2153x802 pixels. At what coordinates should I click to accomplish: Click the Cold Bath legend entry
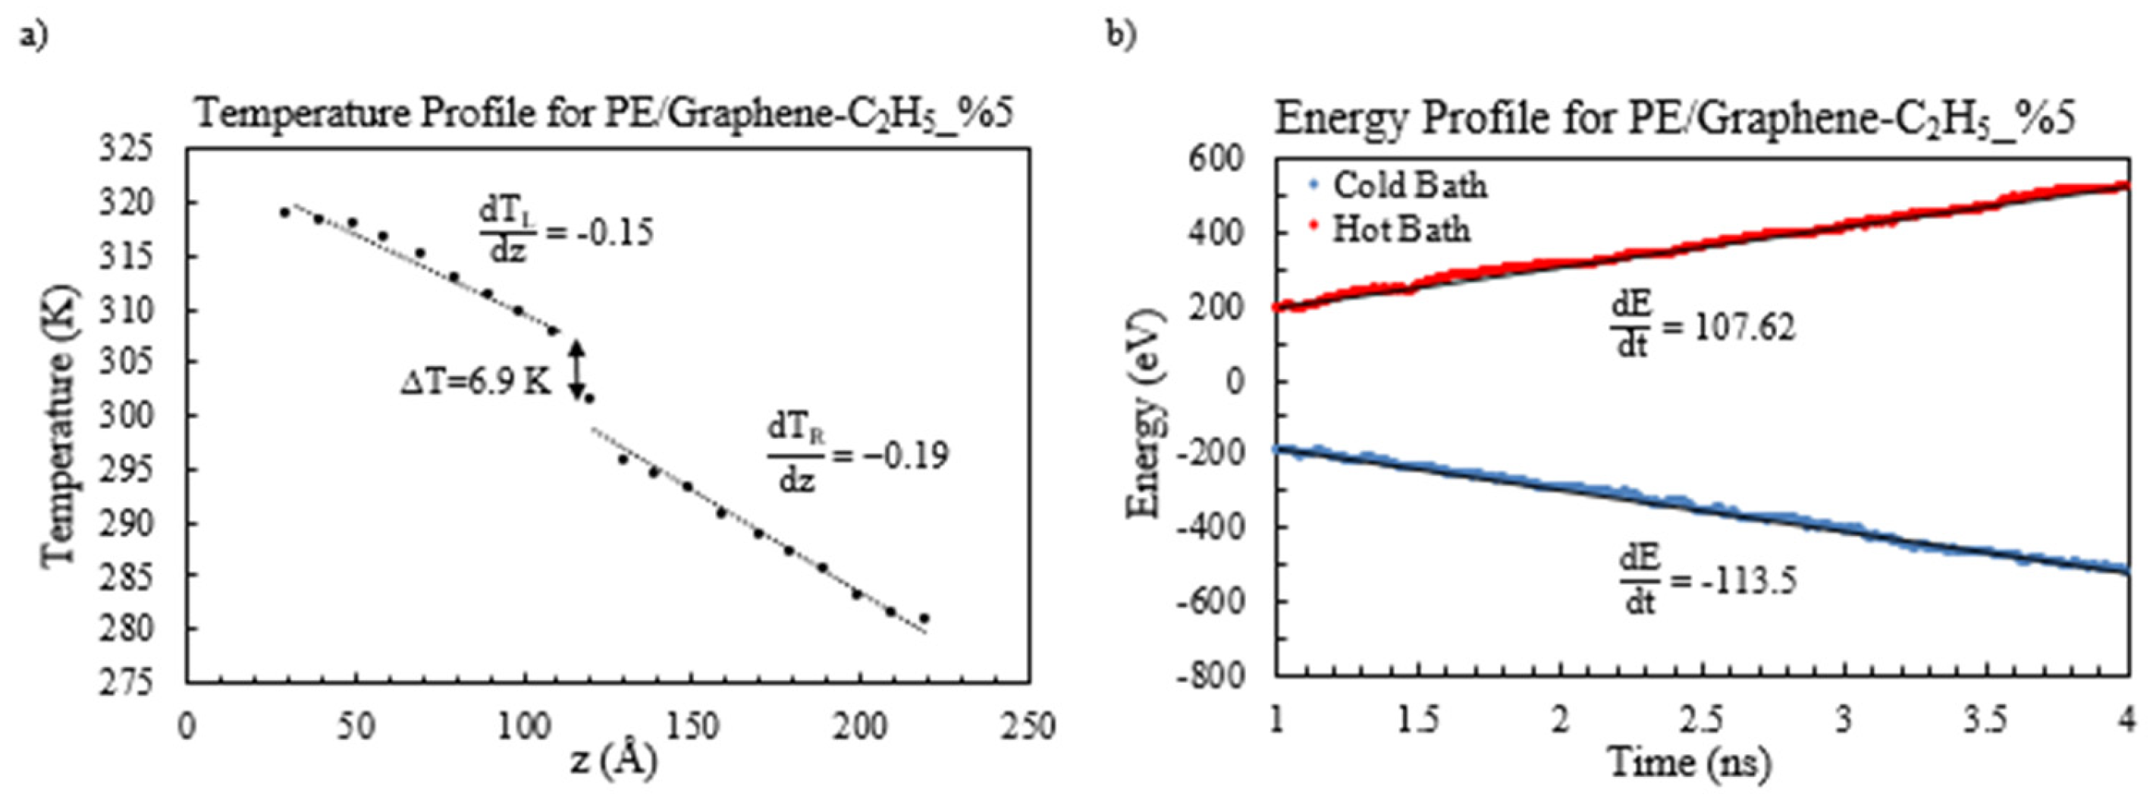click(x=1409, y=186)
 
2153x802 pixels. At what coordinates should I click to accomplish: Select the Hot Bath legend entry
click(x=1401, y=229)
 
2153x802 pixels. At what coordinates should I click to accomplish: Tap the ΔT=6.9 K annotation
click(x=475, y=383)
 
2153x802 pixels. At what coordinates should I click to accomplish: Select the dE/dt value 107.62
click(x=1744, y=328)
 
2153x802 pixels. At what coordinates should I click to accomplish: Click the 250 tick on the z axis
click(x=1028, y=727)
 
